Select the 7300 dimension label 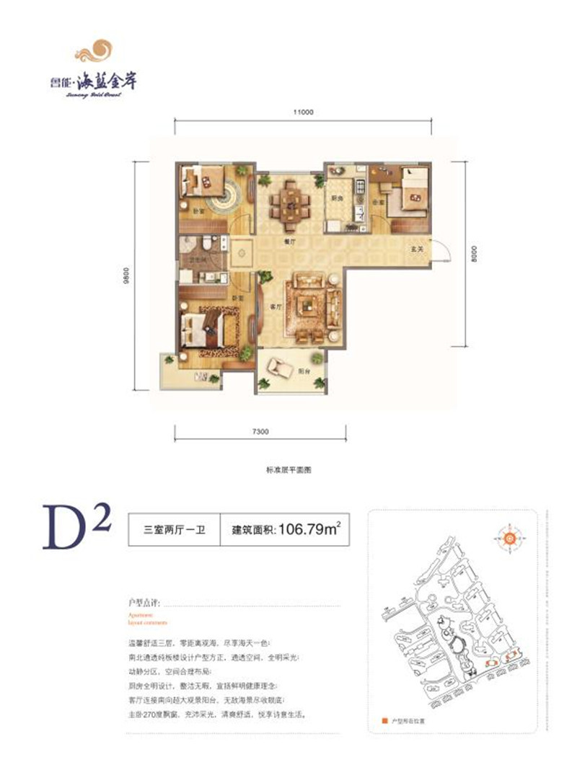(260, 431)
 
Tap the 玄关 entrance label (416, 249)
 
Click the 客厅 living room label (274, 306)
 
